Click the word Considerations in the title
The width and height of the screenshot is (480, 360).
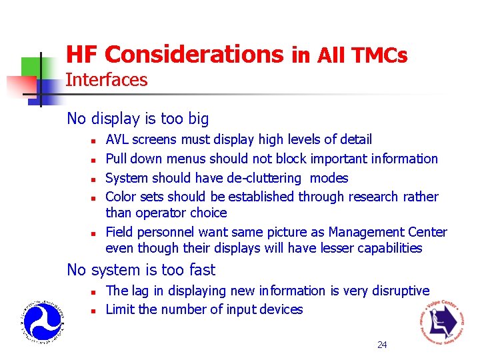194,55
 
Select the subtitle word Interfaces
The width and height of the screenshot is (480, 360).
107,80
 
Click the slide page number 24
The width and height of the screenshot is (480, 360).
382,345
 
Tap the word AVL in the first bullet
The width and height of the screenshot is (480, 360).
118,139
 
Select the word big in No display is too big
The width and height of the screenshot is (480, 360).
198,119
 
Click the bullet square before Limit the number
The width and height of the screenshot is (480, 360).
95,311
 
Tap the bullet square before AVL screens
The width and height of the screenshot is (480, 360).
95,141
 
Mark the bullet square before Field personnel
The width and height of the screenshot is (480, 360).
95,233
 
